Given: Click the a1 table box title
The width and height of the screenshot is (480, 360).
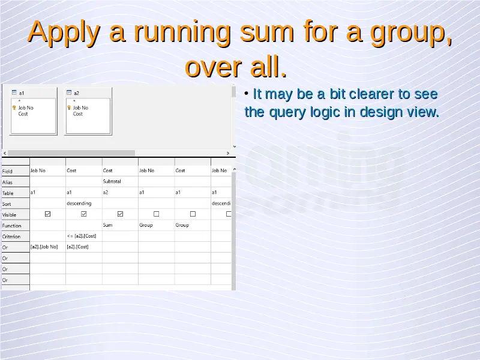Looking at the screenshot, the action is click(x=22, y=93).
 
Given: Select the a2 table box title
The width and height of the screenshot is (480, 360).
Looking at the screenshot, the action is click(x=77, y=93).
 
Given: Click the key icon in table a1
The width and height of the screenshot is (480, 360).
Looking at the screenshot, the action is click(x=14, y=108).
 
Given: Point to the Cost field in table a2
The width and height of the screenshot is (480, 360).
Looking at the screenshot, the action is click(x=78, y=114).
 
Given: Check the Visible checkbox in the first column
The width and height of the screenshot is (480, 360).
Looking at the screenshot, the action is click(x=47, y=214).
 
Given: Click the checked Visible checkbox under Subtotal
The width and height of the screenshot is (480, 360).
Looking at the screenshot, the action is click(x=120, y=214).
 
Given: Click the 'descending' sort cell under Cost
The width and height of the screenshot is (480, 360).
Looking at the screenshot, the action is click(x=79, y=203).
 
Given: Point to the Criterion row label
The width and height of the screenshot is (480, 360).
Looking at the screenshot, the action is click(x=11, y=236).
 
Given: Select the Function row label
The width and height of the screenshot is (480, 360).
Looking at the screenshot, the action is click(x=11, y=226).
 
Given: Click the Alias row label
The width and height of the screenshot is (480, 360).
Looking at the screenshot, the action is click(x=7, y=182).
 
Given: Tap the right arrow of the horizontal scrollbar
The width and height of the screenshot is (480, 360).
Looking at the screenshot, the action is click(x=228, y=153).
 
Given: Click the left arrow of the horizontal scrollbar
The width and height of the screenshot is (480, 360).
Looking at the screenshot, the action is click(x=5, y=153).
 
